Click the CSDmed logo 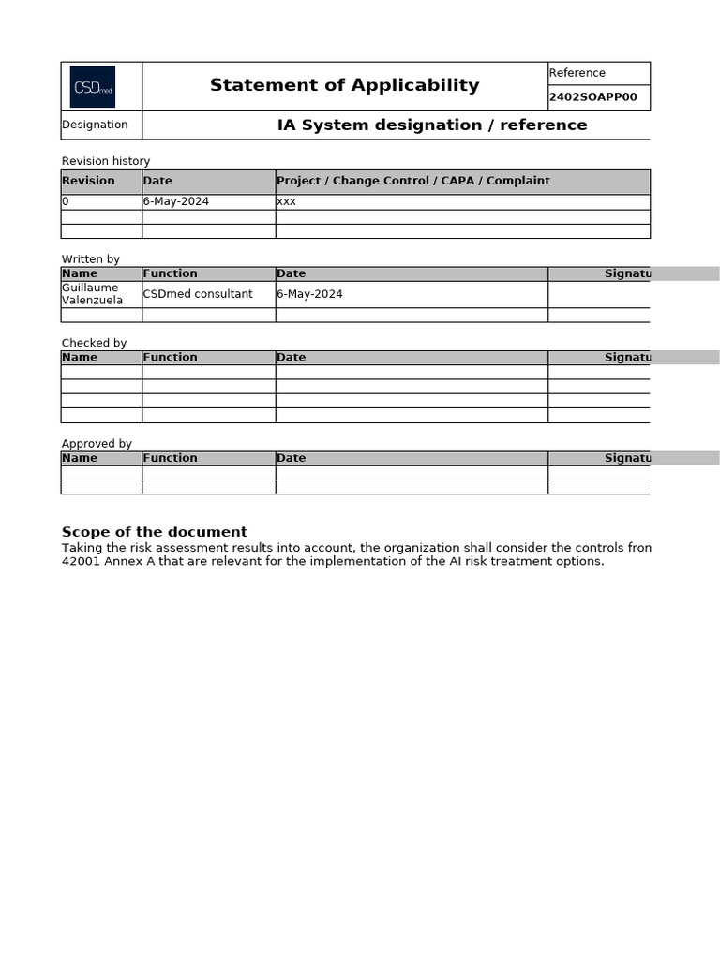pos(93,86)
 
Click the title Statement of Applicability pos(344,85)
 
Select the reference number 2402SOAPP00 pos(592,97)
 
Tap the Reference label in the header pos(577,73)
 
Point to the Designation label pos(95,125)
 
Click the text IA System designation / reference pos(432,125)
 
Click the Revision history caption pos(106,161)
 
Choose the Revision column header pos(88,181)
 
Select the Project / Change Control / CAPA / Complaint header pos(413,181)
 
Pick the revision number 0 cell pos(66,201)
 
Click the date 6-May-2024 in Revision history pos(176,201)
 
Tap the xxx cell pos(287,201)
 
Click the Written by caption pos(91,259)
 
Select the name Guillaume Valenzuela pos(92,294)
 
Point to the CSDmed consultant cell pos(198,294)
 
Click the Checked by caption pos(94,343)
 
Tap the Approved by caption pos(97,444)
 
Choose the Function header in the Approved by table pos(170,458)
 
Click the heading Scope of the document pos(155,532)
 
